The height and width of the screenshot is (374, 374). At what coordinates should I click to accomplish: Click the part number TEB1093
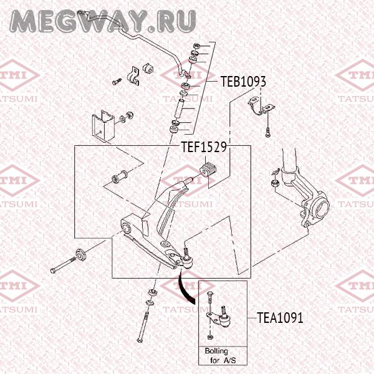(x=244, y=82)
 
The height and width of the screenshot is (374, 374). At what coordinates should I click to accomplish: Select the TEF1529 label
(x=203, y=148)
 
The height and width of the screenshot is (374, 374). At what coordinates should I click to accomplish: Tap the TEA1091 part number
(x=280, y=318)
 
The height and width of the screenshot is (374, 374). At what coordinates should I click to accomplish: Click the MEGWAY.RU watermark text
(x=103, y=20)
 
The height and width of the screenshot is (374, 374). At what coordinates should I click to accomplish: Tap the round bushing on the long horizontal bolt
(x=80, y=255)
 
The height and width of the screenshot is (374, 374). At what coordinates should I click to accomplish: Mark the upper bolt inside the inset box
(x=209, y=297)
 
